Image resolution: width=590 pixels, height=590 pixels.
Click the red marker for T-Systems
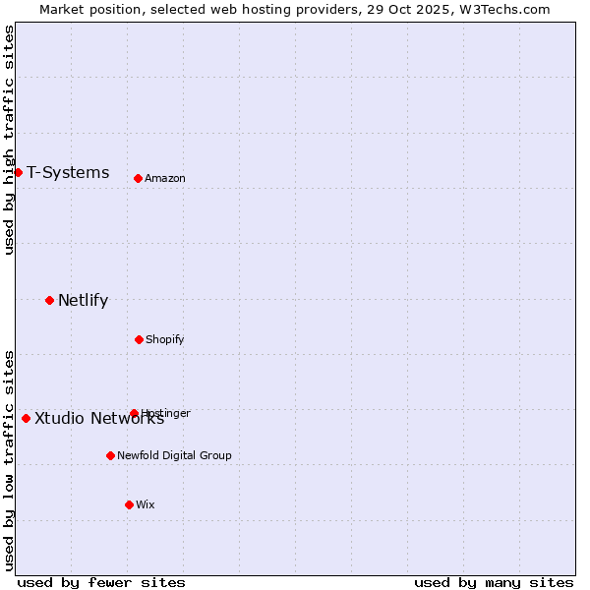click(x=18, y=172)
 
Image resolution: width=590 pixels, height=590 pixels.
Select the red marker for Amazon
click(x=138, y=178)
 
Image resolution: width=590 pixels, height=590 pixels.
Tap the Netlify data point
click(x=49, y=300)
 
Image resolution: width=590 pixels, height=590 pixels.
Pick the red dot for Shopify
click(x=139, y=339)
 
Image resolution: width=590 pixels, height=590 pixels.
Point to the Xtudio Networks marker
click(x=26, y=418)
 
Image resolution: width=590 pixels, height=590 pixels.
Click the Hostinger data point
click(x=134, y=413)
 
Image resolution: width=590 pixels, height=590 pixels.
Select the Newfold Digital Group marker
click(x=110, y=455)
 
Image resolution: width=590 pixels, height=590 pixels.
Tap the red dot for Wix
click(x=129, y=504)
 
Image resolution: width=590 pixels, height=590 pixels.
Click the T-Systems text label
click(x=68, y=173)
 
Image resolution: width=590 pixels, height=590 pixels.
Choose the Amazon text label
click(x=165, y=178)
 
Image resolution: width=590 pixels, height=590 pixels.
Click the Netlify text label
click(x=83, y=301)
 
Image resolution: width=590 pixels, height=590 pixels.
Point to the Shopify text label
click(x=165, y=339)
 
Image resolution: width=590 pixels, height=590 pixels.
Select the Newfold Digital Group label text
click(x=174, y=455)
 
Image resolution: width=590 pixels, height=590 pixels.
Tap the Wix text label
click(x=146, y=504)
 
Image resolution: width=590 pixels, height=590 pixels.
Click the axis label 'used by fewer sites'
click(x=101, y=582)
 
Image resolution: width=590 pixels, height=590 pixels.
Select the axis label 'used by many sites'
click(x=494, y=582)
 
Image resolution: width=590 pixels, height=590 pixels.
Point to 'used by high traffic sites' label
click(x=9, y=140)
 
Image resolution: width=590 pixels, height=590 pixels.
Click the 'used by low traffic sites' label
click(x=9, y=460)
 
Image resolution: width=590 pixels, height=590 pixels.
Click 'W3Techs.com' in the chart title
click(x=506, y=9)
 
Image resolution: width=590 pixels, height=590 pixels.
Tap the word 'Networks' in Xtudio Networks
click(x=127, y=418)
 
